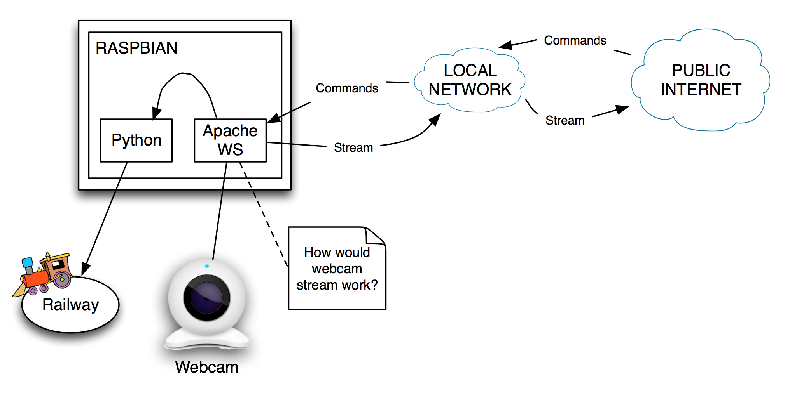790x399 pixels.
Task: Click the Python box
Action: click(x=136, y=140)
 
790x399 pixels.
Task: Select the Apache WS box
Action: click(x=230, y=140)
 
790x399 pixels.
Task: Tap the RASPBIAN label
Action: click(x=136, y=48)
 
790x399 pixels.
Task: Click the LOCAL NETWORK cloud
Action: click(x=470, y=80)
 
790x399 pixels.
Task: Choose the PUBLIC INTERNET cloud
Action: click(x=701, y=80)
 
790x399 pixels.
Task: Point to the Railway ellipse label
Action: click(x=71, y=305)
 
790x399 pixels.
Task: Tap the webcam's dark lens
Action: click(x=206, y=298)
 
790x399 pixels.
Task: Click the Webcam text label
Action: click(x=206, y=367)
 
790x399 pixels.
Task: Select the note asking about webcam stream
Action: click(x=337, y=269)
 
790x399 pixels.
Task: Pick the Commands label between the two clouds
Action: click(x=575, y=40)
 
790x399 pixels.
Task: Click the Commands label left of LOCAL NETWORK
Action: click(x=347, y=88)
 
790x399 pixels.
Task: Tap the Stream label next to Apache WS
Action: click(x=353, y=147)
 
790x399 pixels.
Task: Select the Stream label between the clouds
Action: click(x=565, y=120)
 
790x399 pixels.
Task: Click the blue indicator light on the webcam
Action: click(x=207, y=266)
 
